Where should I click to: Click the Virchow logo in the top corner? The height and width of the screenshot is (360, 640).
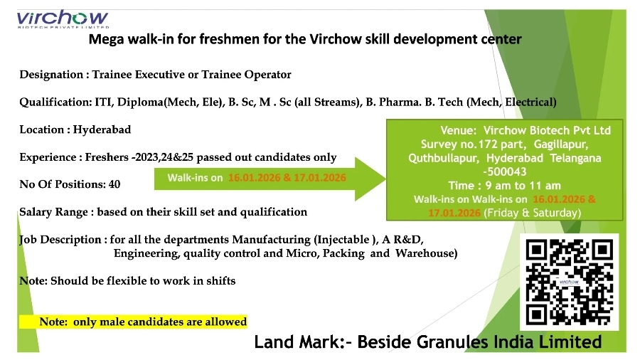(x=63, y=21)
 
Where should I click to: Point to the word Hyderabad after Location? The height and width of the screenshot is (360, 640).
(x=102, y=130)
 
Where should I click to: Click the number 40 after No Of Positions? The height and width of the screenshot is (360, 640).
(x=114, y=184)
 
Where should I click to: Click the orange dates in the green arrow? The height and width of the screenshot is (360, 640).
(x=287, y=178)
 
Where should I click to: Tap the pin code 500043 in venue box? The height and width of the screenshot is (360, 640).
(x=505, y=172)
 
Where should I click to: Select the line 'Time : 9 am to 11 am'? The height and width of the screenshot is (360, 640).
(x=504, y=186)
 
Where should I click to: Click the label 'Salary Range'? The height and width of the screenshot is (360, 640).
(x=55, y=212)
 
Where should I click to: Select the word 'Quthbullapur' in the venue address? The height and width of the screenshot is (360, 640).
(x=441, y=158)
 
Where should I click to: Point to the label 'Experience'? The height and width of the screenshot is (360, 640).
(x=47, y=157)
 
